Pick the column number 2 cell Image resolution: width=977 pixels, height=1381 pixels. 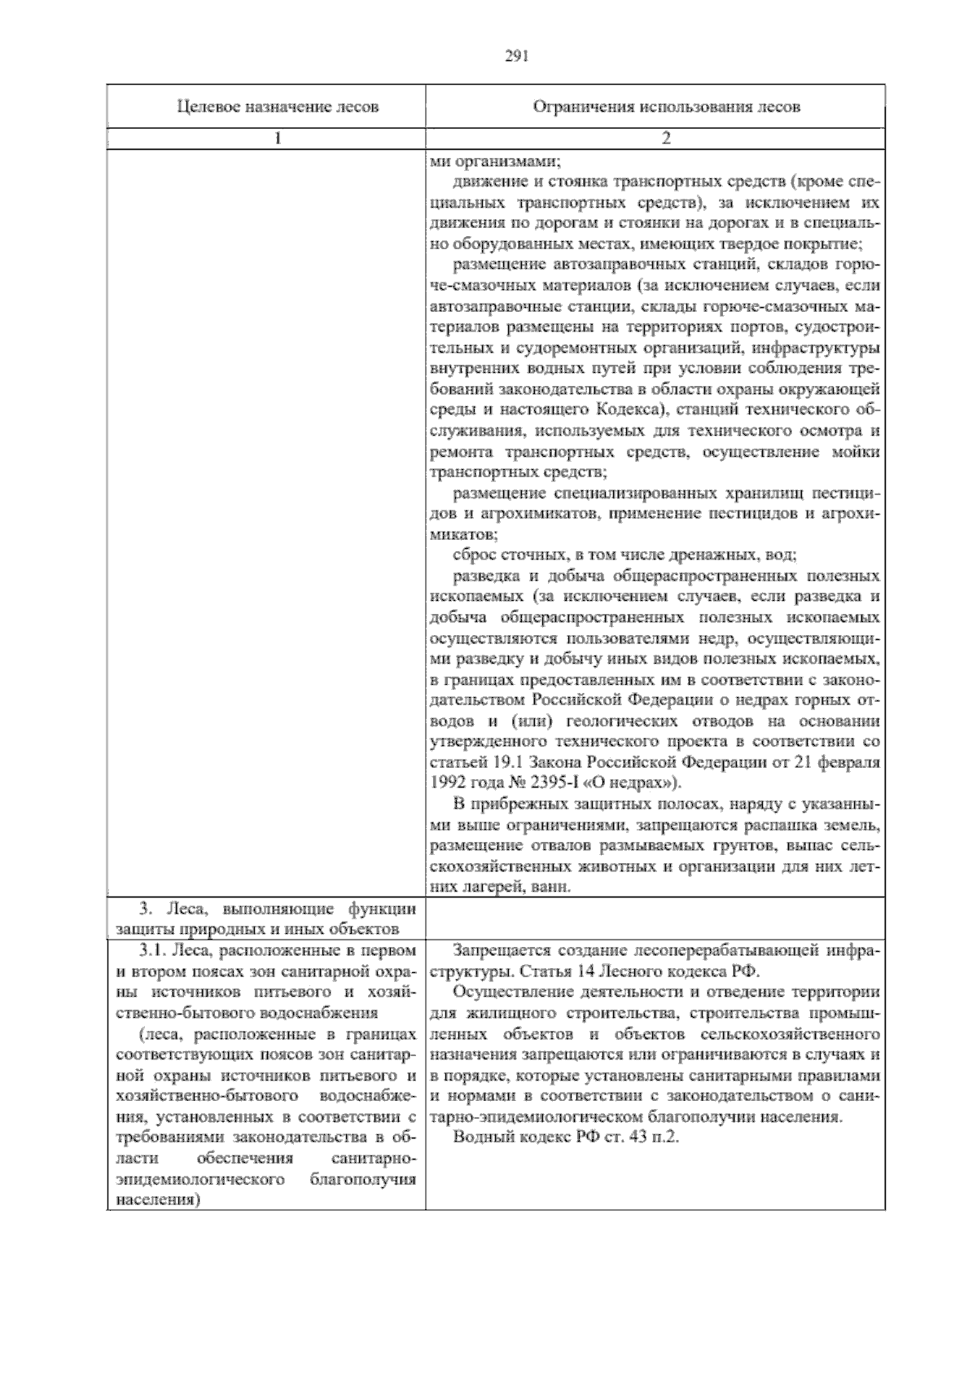pos(665,138)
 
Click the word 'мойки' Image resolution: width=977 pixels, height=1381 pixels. pos(857,451)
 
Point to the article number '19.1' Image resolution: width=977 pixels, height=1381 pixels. pos(497,763)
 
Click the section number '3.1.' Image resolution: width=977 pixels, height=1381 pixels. pos(152,950)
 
